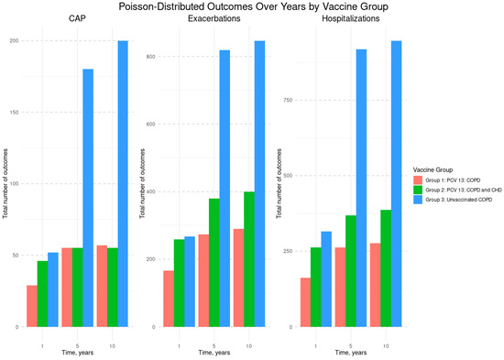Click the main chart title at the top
(252, 6)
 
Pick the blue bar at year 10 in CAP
(123, 183)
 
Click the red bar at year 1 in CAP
(32, 306)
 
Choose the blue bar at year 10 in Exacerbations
(259, 183)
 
